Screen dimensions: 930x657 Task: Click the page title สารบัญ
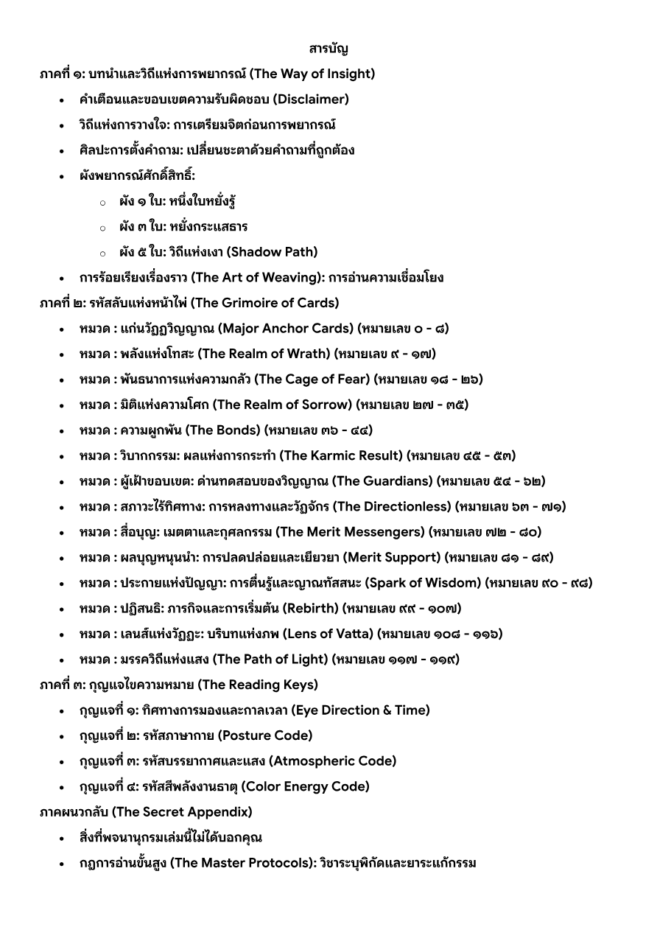click(328, 49)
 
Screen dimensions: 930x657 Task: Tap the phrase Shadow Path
click(272, 252)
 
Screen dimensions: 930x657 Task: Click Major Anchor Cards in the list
click(286, 329)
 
